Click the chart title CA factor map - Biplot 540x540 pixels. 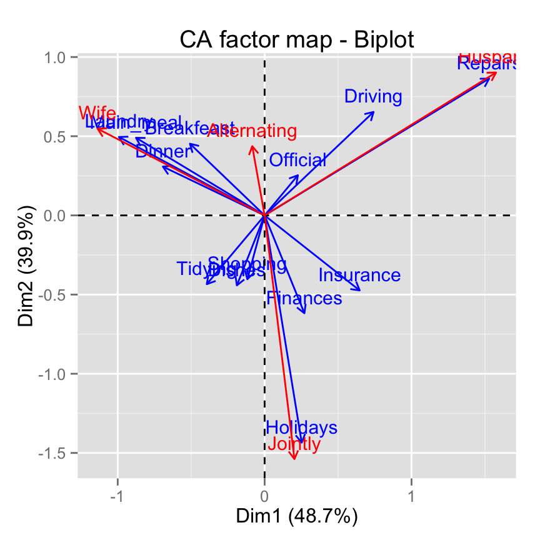pyautogui.click(x=297, y=39)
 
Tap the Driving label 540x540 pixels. pyautogui.click(x=373, y=97)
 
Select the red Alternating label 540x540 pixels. pyautogui.click(x=252, y=131)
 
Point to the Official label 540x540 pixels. pyautogui.click(x=297, y=161)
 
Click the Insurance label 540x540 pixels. pyautogui.click(x=359, y=275)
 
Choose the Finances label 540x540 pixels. pyautogui.click(x=304, y=298)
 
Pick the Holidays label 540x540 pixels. pyautogui.click(x=302, y=428)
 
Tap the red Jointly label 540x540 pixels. pyautogui.click(x=294, y=444)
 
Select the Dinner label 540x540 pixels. pyautogui.click(x=163, y=152)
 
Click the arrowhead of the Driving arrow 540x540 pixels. pyautogui.click(x=374, y=112)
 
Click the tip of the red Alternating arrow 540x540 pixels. pyautogui.click(x=252, y=146)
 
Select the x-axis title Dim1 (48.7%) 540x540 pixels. pyautogui.click(x=296, y=517)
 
